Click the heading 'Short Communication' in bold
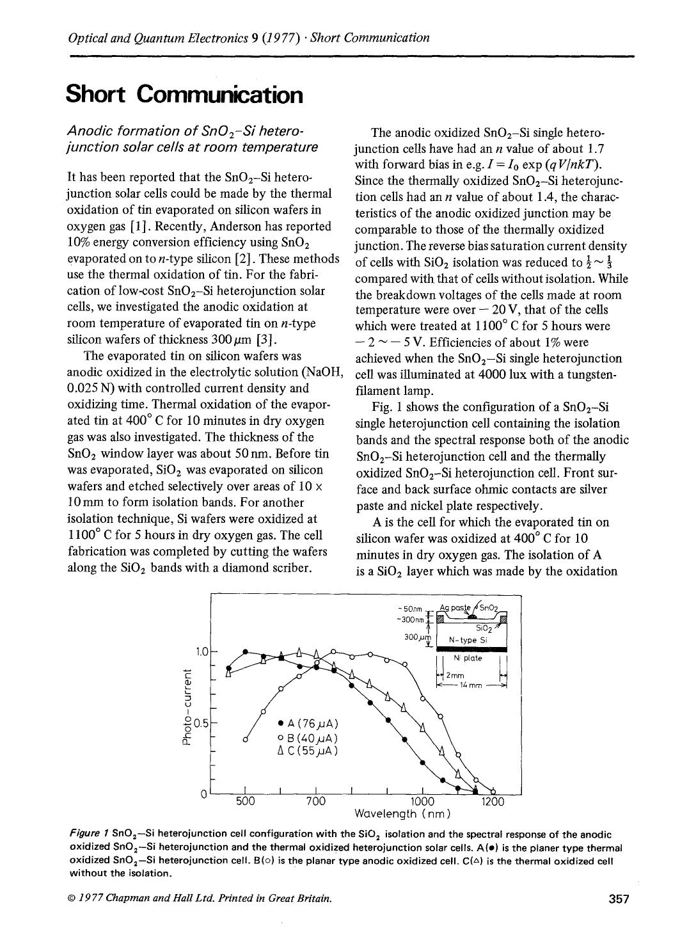click(184, 95)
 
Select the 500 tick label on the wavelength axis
click(245, 802)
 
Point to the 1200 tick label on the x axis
click(492, 802)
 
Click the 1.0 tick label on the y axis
click(202, 652)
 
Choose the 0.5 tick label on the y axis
click(202, 724)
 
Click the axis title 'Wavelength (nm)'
click(403, 814)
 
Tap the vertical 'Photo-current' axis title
click(187, 707)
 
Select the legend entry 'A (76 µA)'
click(308, 724)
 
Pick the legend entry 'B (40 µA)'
click(308, 737)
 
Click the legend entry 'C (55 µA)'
click(308, 751)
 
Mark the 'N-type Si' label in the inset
click(468, 639)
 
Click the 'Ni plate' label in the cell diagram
click(468, 659)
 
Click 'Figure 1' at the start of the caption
click(88, 835)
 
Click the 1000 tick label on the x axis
click(422, 802)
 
